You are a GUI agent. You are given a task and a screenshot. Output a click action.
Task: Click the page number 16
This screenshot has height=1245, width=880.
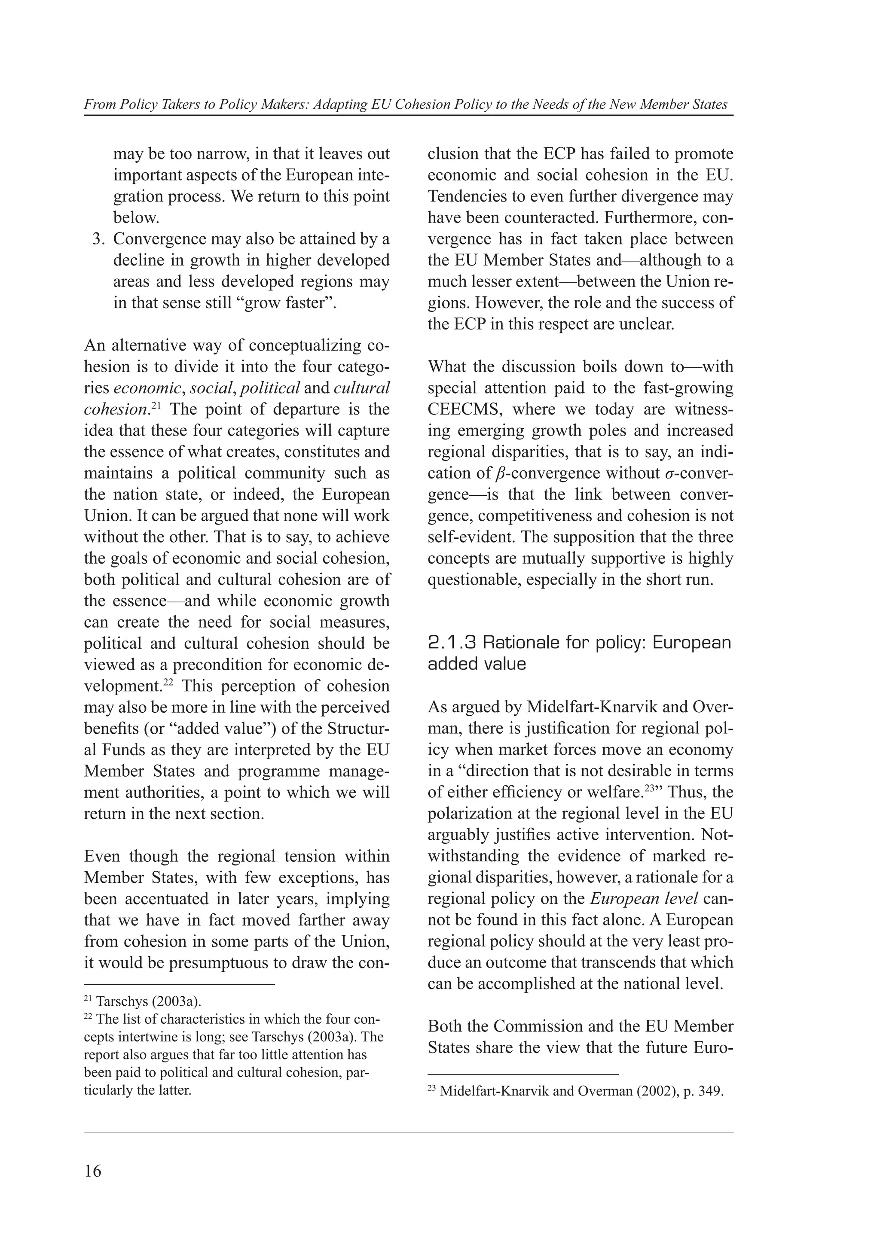pos(93,1171)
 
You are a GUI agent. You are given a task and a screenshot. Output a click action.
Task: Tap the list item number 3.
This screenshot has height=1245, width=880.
pos(98,239)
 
